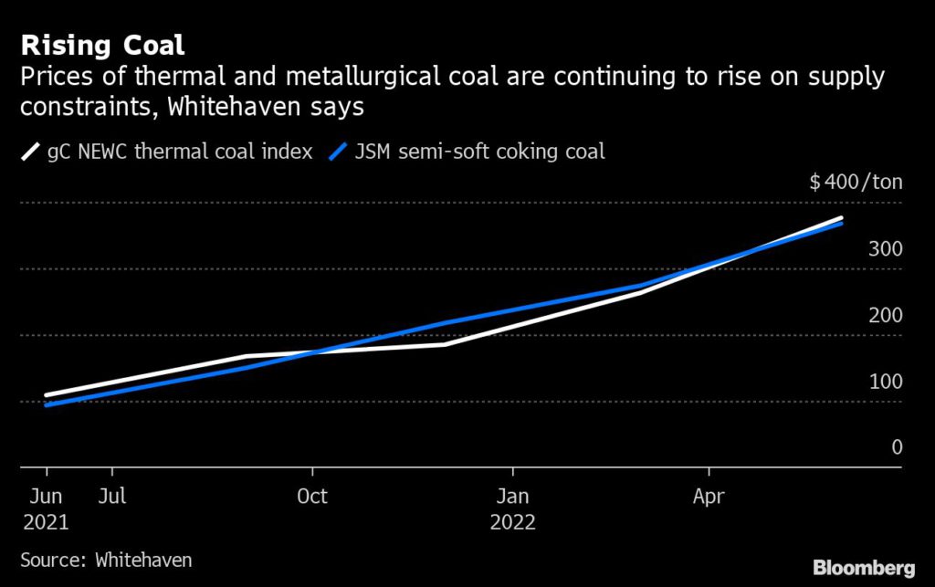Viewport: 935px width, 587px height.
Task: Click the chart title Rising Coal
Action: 102,46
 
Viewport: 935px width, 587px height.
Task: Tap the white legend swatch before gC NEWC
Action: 30,152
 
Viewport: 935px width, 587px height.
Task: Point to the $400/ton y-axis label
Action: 856,182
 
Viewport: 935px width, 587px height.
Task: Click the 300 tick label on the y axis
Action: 885,249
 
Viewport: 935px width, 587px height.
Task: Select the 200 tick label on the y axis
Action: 885,316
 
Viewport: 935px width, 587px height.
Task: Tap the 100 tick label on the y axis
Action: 885,382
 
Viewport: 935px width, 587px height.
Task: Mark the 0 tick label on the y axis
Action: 897,447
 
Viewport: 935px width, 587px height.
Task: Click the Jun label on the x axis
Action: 46,498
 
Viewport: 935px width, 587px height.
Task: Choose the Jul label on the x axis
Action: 112,498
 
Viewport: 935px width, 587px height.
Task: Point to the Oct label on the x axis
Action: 312,498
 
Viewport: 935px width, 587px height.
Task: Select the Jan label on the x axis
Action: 512,498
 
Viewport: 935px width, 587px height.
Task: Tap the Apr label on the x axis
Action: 709,498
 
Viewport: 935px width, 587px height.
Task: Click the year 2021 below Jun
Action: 46,524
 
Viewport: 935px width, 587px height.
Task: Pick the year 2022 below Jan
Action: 512,524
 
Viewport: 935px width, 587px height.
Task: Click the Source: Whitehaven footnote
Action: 107,559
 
